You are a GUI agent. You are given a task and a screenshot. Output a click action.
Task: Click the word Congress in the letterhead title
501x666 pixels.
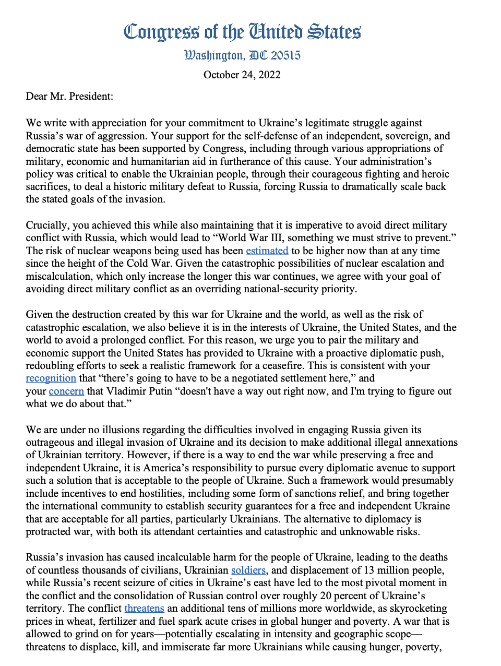161,32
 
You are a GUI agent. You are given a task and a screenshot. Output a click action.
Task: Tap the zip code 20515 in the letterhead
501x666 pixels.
285,55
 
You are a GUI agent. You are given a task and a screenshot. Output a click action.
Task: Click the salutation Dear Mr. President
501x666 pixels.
69,96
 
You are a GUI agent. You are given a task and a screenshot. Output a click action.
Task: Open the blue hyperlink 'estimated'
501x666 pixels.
267,251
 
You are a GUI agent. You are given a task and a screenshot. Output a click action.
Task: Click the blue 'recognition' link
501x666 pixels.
51,378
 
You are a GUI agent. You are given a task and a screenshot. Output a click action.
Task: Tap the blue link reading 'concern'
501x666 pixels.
66,391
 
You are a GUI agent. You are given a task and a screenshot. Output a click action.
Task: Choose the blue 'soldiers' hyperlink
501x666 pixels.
248,570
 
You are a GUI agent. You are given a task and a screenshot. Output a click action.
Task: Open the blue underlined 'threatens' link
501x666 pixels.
144,608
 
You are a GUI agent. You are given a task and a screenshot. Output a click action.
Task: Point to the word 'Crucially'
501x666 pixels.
47,225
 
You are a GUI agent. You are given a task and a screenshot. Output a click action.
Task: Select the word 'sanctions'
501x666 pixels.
335,493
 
